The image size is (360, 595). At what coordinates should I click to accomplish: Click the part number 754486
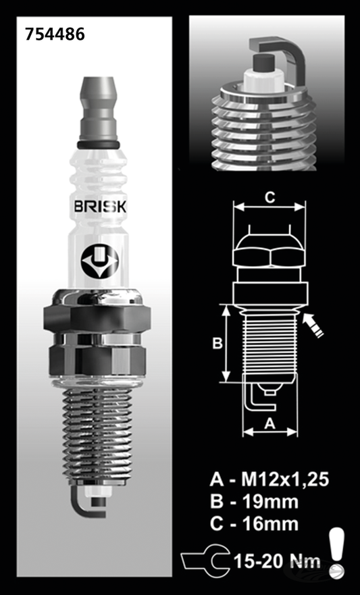55,34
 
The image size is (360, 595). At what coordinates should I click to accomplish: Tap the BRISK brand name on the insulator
100,207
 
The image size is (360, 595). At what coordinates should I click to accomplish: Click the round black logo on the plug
100,262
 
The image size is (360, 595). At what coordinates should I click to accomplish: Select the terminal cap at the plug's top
99,109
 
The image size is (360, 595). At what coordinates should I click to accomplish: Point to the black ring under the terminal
99,145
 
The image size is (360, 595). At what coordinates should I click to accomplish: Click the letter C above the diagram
269,197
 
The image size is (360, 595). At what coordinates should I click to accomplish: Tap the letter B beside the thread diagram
217,342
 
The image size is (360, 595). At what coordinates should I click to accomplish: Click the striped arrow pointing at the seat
313,325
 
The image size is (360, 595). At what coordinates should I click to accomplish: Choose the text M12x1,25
285,480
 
